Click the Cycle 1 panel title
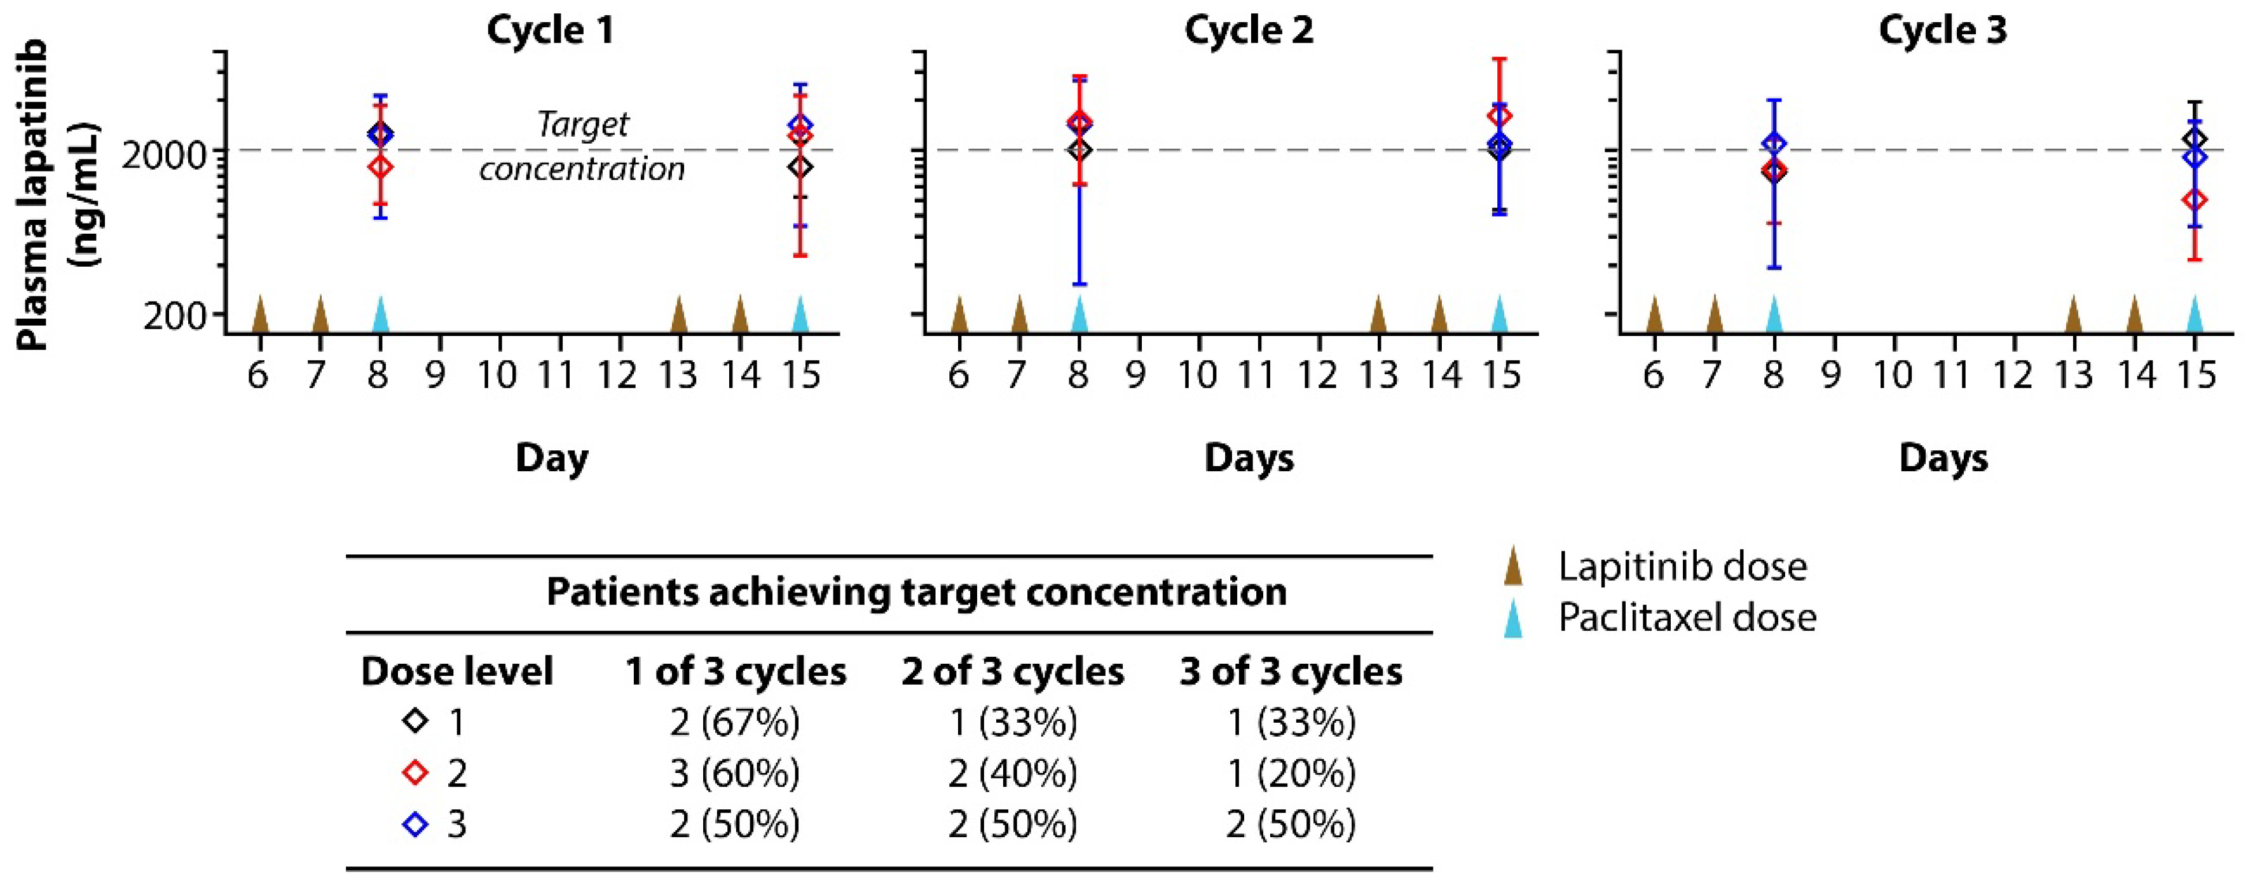(x=551, y=30)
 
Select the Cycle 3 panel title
(x=1943, y=30)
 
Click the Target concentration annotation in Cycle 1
(x=582, y=147)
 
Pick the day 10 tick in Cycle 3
(x=1893, y=375)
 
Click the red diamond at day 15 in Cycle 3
(x=2195, y=199)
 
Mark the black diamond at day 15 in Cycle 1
(x=801, y=166)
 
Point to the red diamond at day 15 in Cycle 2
(x=1499, y=116)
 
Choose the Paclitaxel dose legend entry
(x=1686, y=618)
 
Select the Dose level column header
(x=456, y=671)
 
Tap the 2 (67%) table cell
(x=735, y=723)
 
